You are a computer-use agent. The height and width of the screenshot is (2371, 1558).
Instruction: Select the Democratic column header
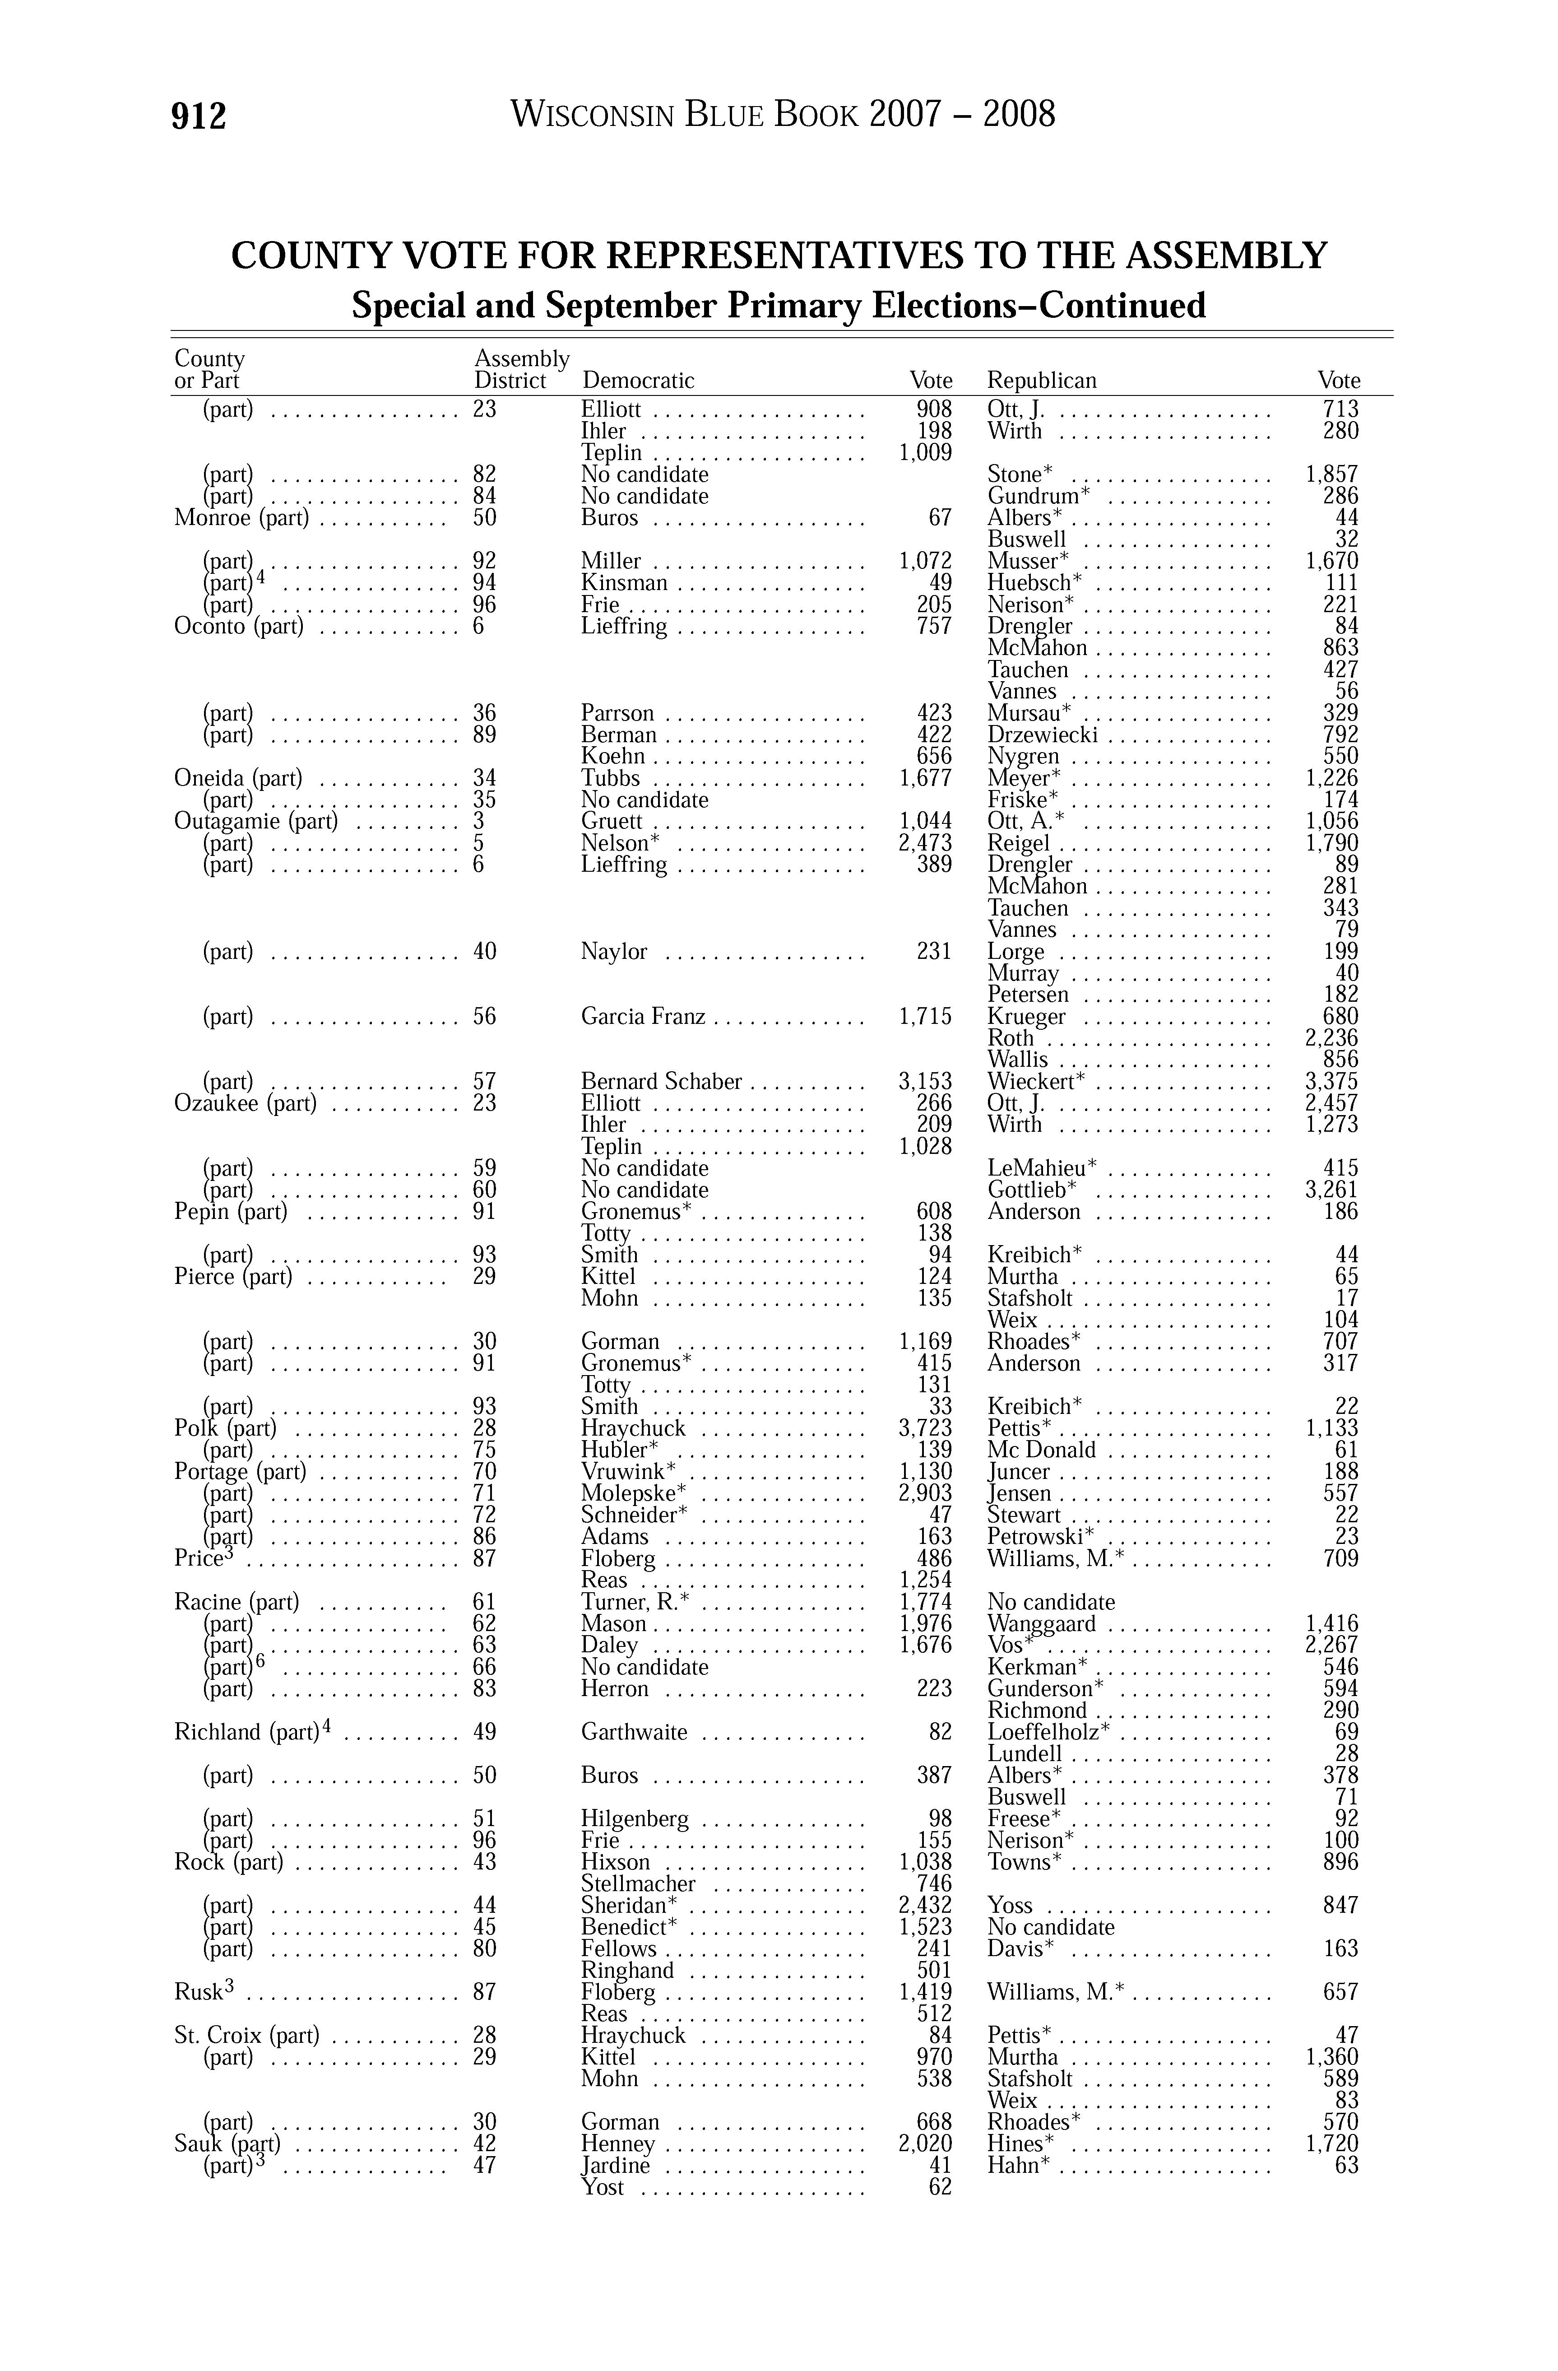click(x=638, y=381)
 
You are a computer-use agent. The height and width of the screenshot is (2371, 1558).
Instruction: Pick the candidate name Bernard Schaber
click(x=662, y=1082)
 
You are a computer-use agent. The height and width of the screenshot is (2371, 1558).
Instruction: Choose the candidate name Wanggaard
click(x=1041, y=1624)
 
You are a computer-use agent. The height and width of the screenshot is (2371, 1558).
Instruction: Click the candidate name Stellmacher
click(x=638, y=1884)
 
